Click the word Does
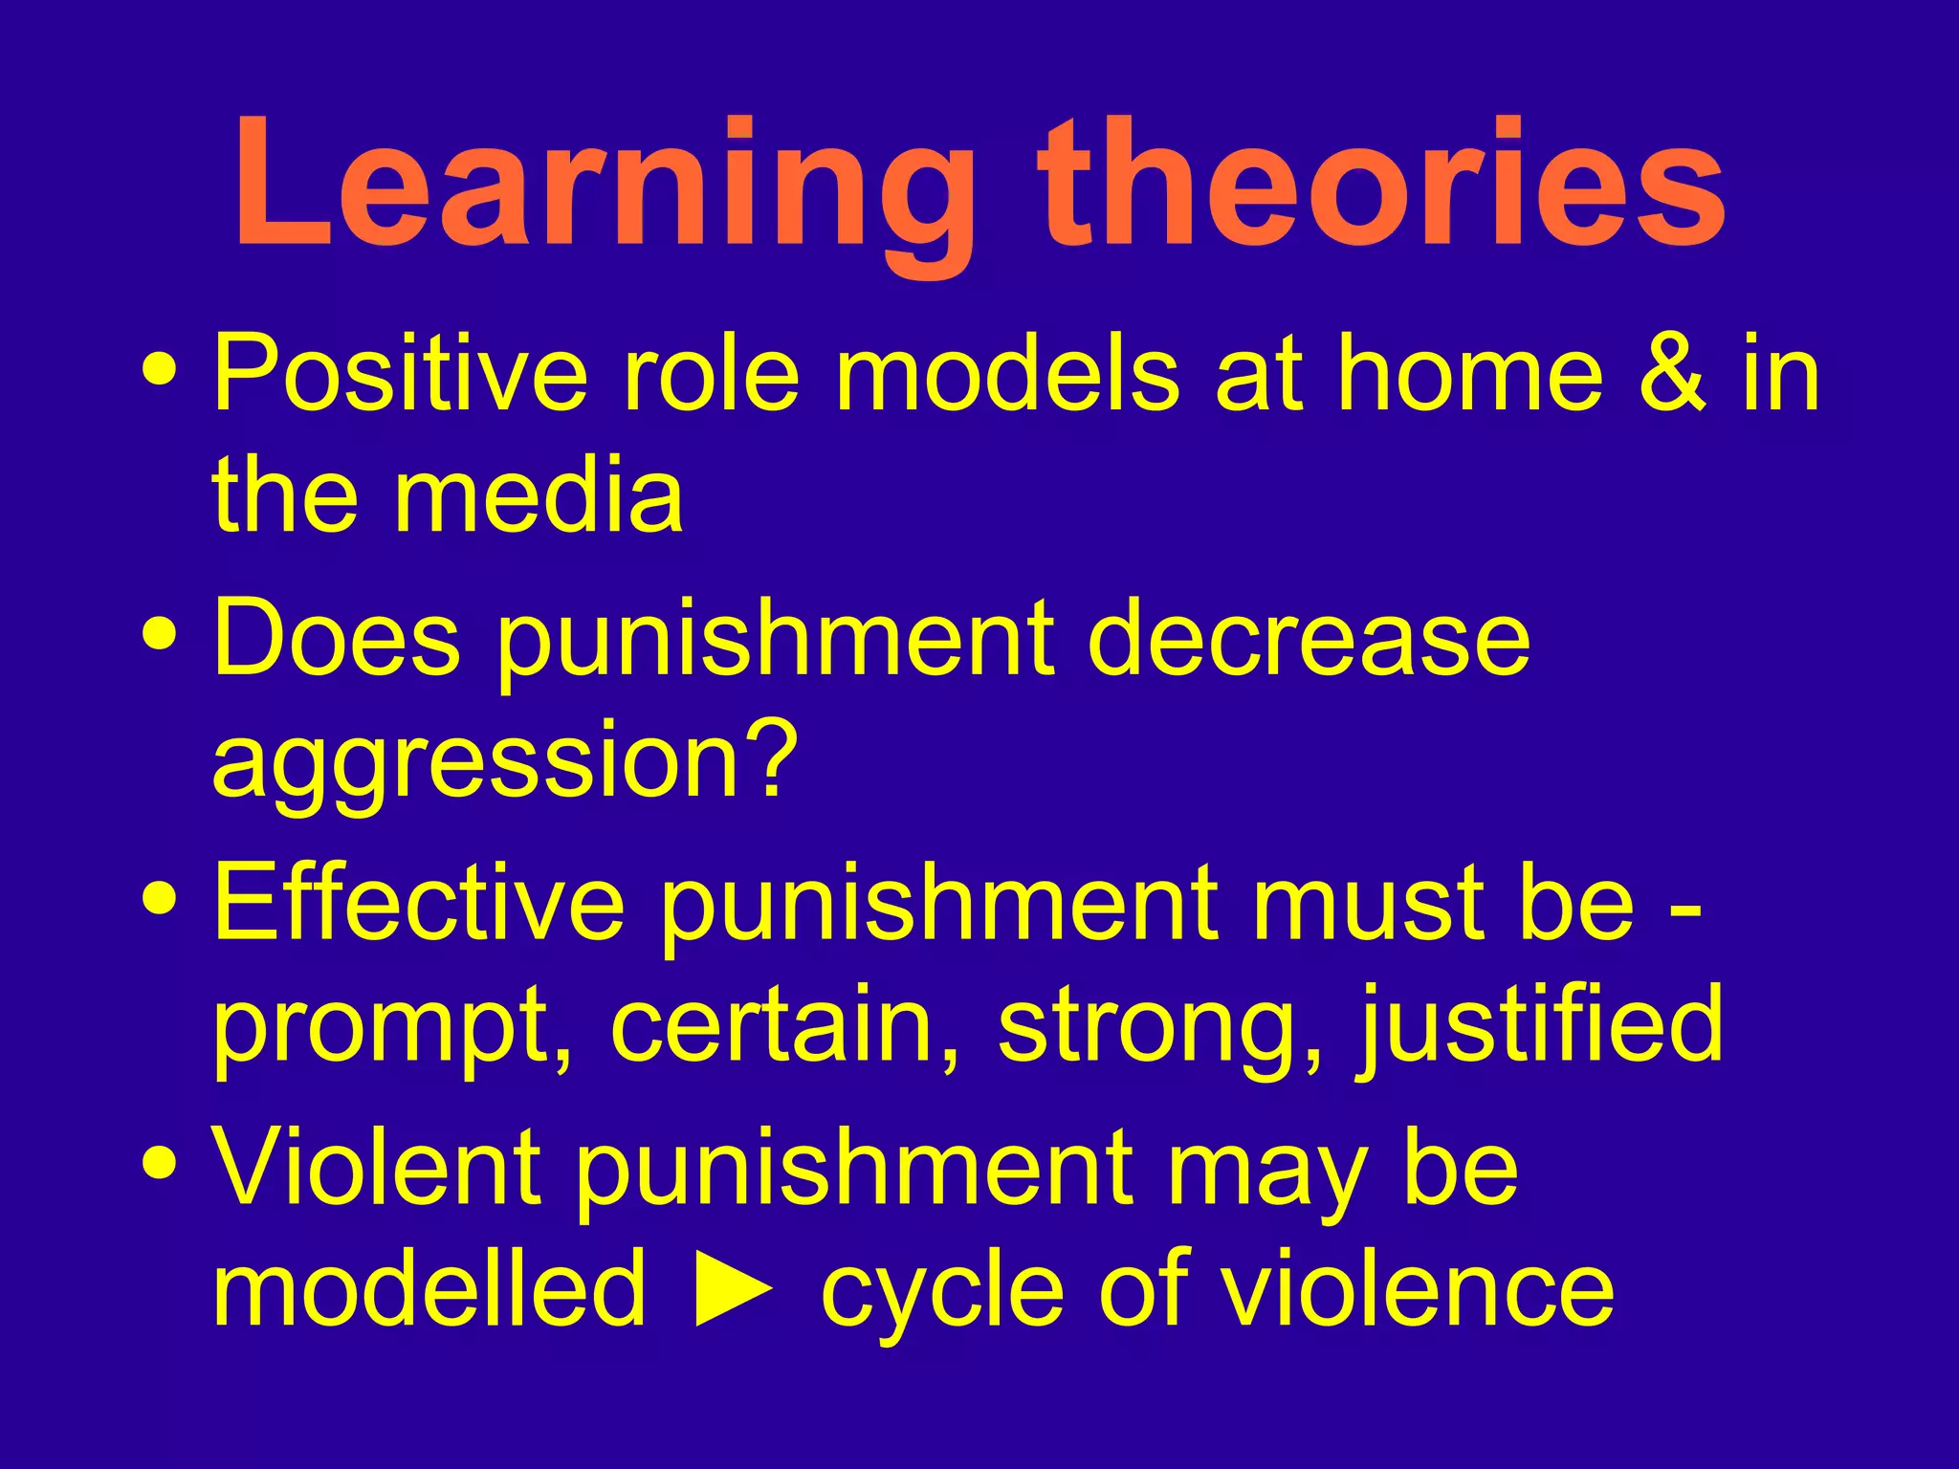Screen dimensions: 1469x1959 click(x=336, y=637)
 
